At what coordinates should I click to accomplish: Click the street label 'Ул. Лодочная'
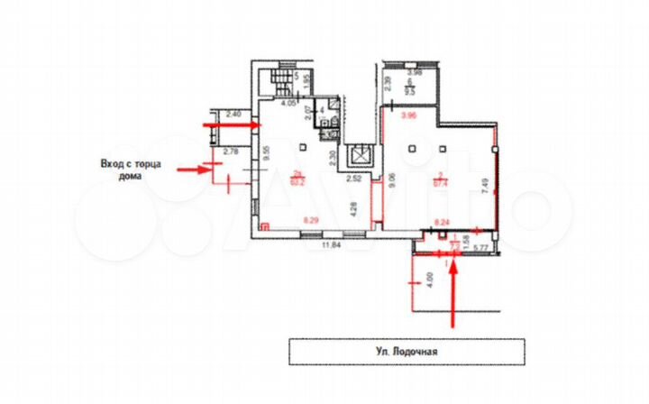pos(406,352)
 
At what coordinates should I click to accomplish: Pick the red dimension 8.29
pos(313,219)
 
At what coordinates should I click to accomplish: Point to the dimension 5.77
pos(480,247)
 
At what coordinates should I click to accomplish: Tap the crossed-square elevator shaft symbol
pos(361,154)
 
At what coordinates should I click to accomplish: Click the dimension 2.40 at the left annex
pos(233,114)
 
